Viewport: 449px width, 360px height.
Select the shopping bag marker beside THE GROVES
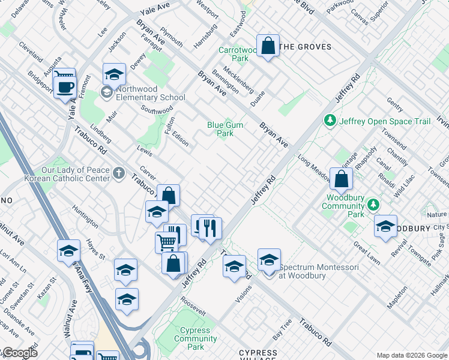268,46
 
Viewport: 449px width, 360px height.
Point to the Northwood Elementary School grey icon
107,92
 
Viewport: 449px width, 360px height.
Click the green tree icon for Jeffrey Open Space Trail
329,121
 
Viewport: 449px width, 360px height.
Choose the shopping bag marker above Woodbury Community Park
341,179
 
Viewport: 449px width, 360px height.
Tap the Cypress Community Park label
196,338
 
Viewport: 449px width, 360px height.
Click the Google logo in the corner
19,353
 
